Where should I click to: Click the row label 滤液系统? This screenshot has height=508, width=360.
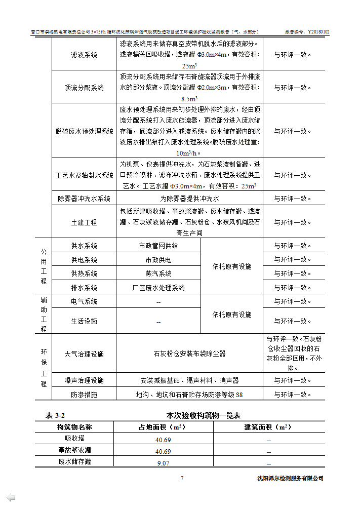pos(84,55)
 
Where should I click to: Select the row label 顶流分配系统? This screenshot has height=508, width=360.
pos(84,88)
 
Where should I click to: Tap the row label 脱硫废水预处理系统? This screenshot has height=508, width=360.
pos(84,131)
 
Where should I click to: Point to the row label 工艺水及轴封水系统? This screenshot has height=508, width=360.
pos(84,175)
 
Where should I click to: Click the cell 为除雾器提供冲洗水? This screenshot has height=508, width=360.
pos(189,199)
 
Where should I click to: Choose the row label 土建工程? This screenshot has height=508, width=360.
pos(84,222)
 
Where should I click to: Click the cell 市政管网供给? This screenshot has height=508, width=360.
pos(158,246)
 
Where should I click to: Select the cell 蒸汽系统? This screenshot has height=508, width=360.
pos(158,273)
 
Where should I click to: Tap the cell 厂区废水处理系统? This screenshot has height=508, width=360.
pos(158,288)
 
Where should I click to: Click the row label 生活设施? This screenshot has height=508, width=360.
pos(84,321)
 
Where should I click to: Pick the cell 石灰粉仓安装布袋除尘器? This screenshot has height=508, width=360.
pos(189,354)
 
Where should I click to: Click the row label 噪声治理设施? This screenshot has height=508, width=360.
pos(84,380)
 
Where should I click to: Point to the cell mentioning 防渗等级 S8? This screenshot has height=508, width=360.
pos(189,395)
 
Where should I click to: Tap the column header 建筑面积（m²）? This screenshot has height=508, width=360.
pos(268,427)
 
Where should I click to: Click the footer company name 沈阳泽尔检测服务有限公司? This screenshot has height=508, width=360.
pos(290,479)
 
